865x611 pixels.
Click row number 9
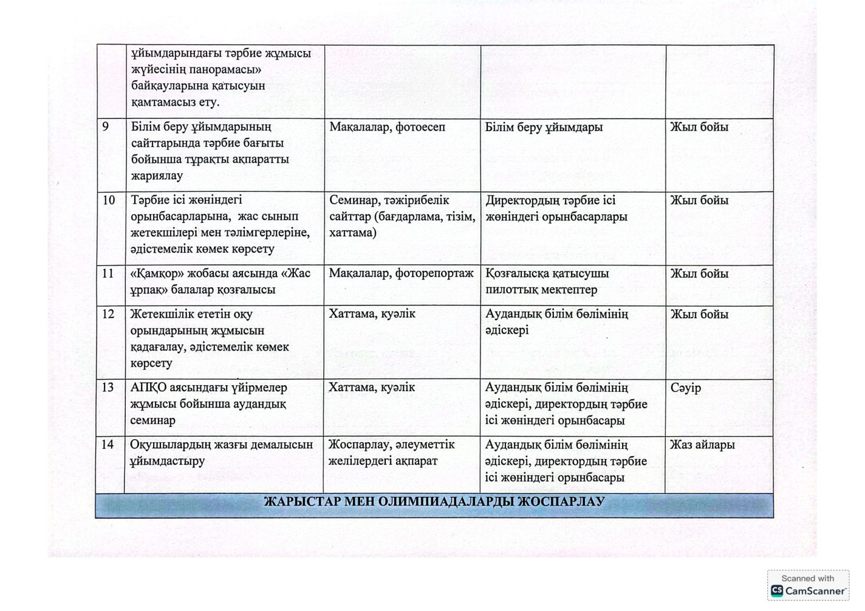[106, 128]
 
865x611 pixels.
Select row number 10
[109, 200]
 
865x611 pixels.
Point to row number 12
[108, 315]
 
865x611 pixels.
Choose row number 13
[108, 387]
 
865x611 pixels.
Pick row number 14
[108, 445]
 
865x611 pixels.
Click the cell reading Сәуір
[686, 387]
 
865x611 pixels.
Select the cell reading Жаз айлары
[702, 445]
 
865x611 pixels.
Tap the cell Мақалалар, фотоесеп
[387, 128]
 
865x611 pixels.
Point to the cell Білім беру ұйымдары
[544, 128]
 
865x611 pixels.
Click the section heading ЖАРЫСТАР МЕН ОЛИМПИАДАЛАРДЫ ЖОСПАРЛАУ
[434, 502]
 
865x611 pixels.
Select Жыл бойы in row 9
[699, 128]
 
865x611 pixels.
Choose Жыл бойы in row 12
[699, 315]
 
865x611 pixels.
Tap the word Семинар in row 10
[355, 200]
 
